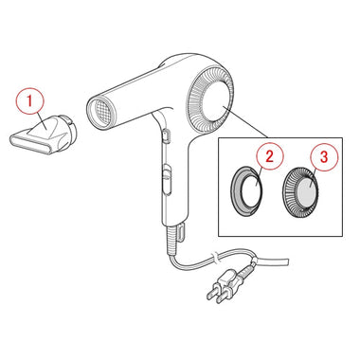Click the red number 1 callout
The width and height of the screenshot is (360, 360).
click(x=30, y=101)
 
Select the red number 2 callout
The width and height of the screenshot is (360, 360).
click(x=269, y=156)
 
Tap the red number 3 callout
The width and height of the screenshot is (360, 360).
click(x=324, y=157)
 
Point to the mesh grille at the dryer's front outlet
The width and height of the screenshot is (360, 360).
click(x=99, y=111)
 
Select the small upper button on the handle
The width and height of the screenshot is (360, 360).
click(x=167, y=135)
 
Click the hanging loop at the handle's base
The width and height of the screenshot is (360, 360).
click(x=181, y=233)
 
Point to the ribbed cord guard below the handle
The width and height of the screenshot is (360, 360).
click(x=170, y=241)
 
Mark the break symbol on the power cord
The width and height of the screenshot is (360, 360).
click(x=215, y=257)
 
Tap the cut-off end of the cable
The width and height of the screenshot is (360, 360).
click(x=286, y=261)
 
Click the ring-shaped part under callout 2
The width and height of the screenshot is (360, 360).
click(x=247, y=191)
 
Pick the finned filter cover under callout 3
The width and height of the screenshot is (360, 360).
click(x=300, y=191)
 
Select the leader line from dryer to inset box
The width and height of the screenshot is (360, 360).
click(x=245, y=122)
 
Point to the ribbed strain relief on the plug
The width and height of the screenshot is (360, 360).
click(x=246, y=270)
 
